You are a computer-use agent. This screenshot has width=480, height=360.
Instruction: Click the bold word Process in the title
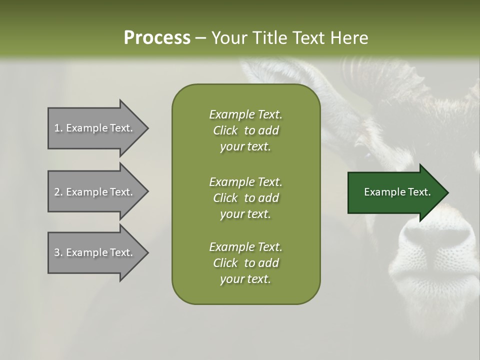coord(157,38)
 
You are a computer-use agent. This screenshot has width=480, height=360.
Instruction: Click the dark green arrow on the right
coord(395,192)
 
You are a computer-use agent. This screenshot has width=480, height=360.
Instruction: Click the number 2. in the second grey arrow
coord(58,192)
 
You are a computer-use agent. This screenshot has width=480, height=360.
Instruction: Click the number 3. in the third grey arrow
coord(58,252)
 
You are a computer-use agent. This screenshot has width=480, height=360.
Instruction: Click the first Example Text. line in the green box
coord(245,114)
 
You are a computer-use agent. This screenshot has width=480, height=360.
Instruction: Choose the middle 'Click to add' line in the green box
coord(245,198)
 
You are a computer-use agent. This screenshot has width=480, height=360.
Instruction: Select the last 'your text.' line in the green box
coord(245,279)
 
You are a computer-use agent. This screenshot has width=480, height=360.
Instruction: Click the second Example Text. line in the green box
coord(245,182)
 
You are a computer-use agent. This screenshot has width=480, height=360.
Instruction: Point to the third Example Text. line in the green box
coord(245,247)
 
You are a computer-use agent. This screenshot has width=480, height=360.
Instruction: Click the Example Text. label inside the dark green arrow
coord(397,192)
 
